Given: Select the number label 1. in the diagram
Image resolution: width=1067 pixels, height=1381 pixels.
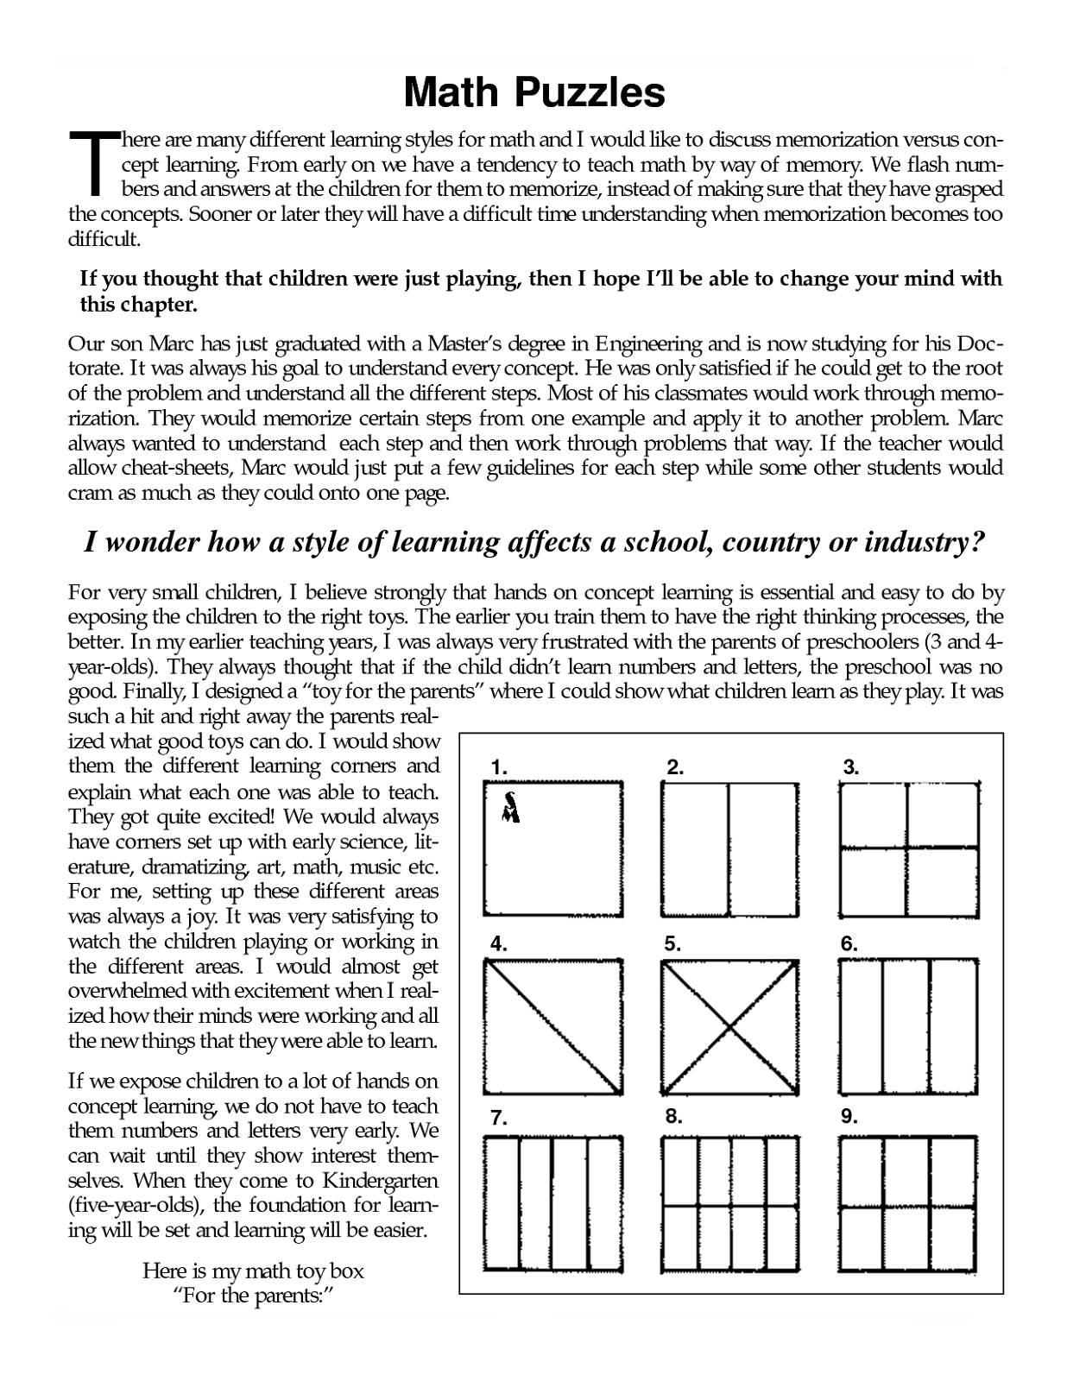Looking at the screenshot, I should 499,766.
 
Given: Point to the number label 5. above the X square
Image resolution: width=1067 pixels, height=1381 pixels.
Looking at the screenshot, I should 673,944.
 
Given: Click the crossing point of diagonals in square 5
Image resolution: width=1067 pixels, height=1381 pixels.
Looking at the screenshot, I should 730,1027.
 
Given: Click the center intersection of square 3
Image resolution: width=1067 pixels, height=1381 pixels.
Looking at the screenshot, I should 907,848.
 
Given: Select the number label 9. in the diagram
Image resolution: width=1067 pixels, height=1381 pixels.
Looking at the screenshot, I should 849,1116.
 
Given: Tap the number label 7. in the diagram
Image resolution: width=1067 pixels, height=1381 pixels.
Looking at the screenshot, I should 498,1119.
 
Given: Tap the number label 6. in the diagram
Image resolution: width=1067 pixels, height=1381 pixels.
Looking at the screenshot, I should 849,944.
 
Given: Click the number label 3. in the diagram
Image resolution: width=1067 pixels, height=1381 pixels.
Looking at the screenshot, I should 851,766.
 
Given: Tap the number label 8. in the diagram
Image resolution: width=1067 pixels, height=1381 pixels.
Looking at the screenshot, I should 674,1116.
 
